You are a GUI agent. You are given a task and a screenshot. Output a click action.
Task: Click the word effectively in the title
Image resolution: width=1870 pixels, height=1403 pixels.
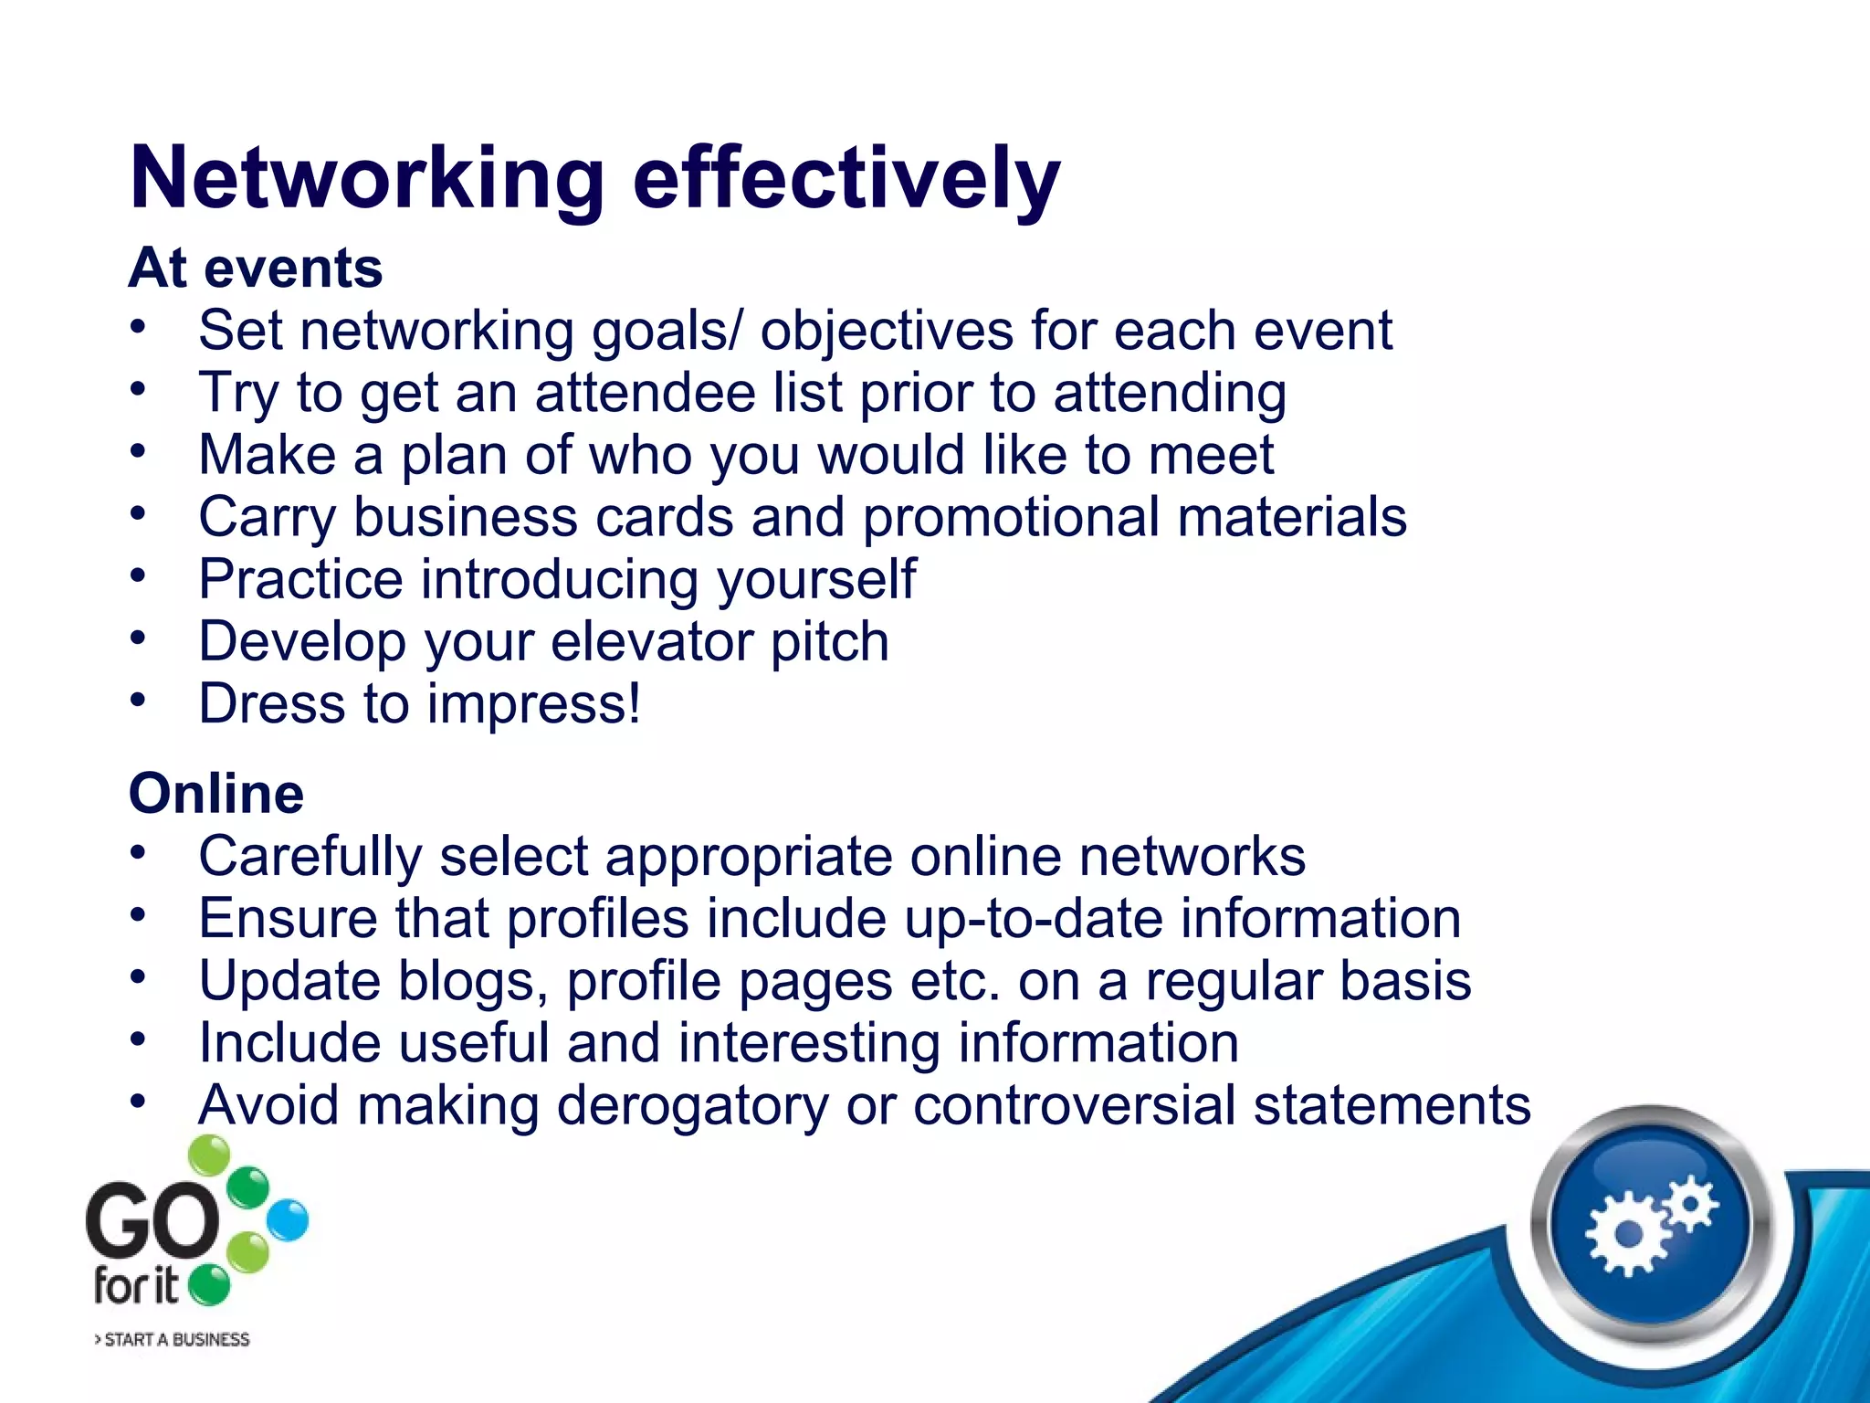(x=846, y=179)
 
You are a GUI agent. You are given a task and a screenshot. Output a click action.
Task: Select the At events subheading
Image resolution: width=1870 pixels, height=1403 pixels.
(x=256, y=269)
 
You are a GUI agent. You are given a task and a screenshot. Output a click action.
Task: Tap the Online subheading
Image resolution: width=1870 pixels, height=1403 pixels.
(x=216, y=793)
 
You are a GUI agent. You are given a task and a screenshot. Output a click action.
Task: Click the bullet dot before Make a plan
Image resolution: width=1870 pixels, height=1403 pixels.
(x=138, y=450)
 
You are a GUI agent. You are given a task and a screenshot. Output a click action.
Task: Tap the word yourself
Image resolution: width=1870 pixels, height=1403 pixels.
(x=815, y=579)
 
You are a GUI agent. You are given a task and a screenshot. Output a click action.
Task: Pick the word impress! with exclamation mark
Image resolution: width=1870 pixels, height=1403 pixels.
(x=534, y=704)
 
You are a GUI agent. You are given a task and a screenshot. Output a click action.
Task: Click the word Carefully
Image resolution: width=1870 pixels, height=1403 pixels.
(x=310, y=857)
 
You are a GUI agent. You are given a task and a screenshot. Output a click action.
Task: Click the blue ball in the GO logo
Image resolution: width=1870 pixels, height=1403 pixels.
(x=289, y=1220)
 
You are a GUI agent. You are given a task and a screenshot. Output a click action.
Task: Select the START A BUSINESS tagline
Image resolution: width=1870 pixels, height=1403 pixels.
(x=173, y=1340)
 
